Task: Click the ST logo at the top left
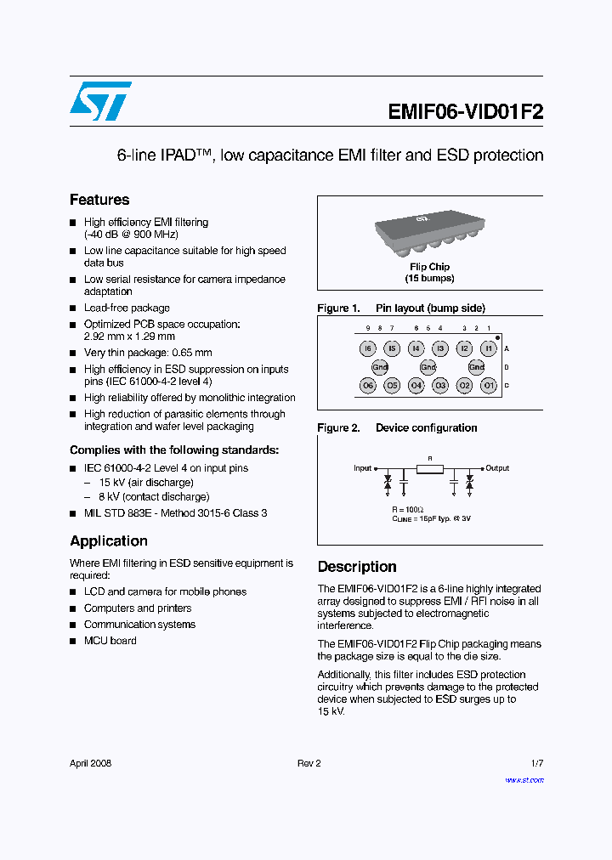(100, 101)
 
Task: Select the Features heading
(99, 200)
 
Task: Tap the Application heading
(109, 541)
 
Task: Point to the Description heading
(357, 567)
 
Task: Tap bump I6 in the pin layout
(367, 348)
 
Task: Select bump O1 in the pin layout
(488, 385)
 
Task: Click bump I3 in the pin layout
(439, 348)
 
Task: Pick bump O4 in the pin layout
(416, 385)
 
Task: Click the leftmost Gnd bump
(380, 367)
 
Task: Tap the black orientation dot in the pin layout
(497, 337)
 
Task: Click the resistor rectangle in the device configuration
(429, 468)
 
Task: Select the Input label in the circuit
(363, 468)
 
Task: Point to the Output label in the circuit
(497, 468)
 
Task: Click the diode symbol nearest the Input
(388, 482)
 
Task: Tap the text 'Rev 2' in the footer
(309, 763)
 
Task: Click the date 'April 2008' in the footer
(90, 763)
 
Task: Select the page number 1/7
(536, 763)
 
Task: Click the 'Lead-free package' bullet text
(127, 308)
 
